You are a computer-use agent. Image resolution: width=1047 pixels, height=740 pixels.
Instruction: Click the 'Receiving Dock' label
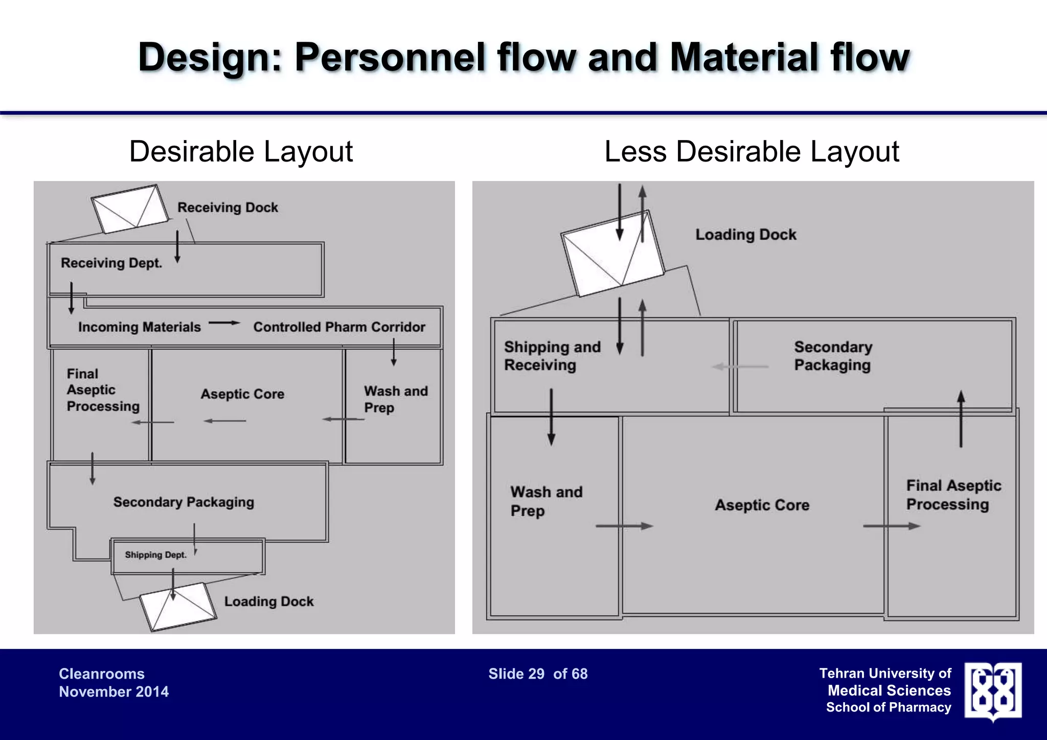tap(227, 207)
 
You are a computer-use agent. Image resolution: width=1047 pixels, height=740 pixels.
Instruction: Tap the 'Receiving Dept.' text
tap(111, 263)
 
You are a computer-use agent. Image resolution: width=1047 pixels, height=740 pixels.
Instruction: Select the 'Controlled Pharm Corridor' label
tap(339, 327)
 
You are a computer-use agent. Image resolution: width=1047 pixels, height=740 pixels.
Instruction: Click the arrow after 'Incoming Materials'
tap(224, 323)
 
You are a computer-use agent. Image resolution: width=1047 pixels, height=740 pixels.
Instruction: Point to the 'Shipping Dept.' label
tap(155, 555)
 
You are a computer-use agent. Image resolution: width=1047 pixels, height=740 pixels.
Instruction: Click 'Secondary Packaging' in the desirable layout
tap(184, 502)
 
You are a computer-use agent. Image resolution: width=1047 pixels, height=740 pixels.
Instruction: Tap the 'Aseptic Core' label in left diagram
tap(242, 394)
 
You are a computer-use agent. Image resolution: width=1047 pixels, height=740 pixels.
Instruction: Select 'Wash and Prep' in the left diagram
tap(395, 399)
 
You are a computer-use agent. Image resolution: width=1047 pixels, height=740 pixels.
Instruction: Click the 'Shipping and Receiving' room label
tap(552, 356)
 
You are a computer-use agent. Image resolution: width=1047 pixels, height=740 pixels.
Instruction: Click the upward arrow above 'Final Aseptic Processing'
tap(961, 419)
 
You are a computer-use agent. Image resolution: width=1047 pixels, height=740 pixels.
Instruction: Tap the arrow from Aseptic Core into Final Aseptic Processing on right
tap(891, 526)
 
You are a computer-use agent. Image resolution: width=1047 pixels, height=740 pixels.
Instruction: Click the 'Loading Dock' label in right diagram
tap(745, 235)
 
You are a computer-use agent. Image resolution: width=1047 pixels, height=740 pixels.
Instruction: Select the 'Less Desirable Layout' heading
tap(752, 152)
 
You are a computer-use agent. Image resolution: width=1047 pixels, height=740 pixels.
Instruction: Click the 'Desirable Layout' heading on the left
tap(241, 152)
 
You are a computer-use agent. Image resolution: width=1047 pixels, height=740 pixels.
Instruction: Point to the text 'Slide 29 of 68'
tap(538, 674)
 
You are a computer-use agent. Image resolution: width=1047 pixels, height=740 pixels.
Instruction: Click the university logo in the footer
tap(993, 691)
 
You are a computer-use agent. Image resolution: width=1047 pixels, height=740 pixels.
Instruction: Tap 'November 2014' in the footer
tap(113, 692)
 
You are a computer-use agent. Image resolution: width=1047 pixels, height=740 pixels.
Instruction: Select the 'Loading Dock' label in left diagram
tap(268, 602)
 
